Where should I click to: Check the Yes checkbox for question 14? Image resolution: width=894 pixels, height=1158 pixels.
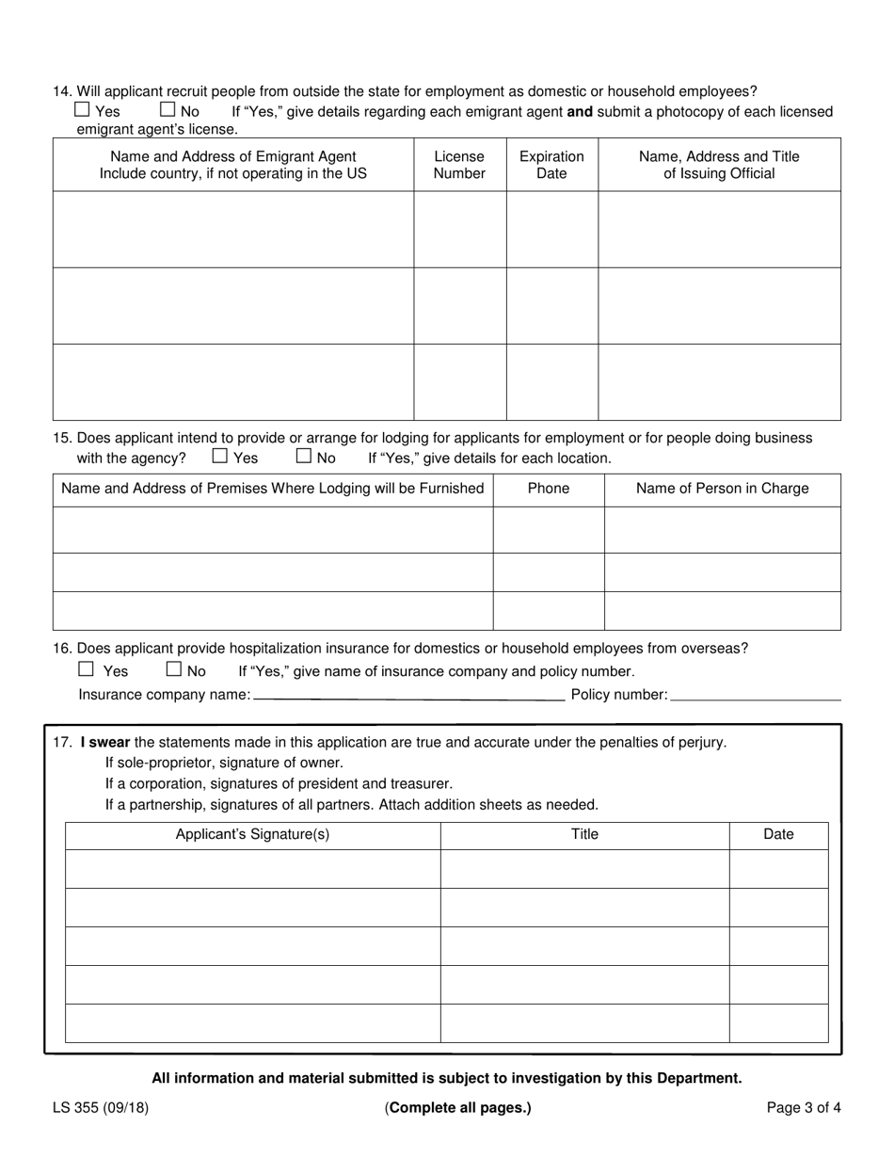(x=82, y=110)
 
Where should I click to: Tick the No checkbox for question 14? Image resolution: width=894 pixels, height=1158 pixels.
(x=168, y=110)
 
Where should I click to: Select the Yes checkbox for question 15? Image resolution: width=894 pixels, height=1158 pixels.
(x=220, y=457)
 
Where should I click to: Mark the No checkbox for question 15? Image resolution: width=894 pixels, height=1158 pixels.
(x=304, y=457)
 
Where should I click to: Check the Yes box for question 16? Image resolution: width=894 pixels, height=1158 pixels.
(x=87, y=669)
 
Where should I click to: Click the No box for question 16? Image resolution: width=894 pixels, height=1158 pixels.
(x=173, y=669)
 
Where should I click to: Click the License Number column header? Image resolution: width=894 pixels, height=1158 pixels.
(x=459, y=165)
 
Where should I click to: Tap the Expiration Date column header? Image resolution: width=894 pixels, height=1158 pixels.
(x=551, y=165)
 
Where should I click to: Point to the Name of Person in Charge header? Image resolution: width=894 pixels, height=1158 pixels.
(x=722, y=488)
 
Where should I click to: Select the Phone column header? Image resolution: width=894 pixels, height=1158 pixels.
(x=548, y=488)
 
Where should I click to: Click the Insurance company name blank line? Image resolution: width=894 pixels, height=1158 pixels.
(x=408, y=695)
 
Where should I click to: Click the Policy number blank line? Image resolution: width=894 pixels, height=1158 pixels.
(x=756, y=695)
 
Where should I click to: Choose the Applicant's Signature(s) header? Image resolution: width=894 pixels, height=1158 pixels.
(x=252, y=834)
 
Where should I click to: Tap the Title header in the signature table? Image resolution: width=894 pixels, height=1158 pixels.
(x=584, y=834)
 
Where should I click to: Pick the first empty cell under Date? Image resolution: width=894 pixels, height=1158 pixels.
(x=778, y=869)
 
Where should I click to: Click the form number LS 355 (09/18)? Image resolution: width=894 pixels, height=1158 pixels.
(x=101, y=1108)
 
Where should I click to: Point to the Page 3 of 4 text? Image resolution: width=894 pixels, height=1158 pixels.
(x=804, y=1108)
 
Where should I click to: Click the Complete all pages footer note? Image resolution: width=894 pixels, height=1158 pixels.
(x=458, y=1108)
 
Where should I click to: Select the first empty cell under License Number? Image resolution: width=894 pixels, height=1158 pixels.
(x=459, y=230)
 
